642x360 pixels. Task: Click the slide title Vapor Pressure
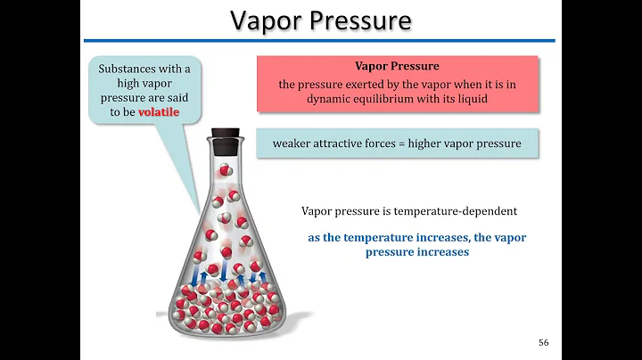click(321, 21)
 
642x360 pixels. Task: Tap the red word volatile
click(158, 114)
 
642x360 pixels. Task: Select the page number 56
click(544, 344)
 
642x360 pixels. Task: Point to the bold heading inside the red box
click(397, 67)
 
